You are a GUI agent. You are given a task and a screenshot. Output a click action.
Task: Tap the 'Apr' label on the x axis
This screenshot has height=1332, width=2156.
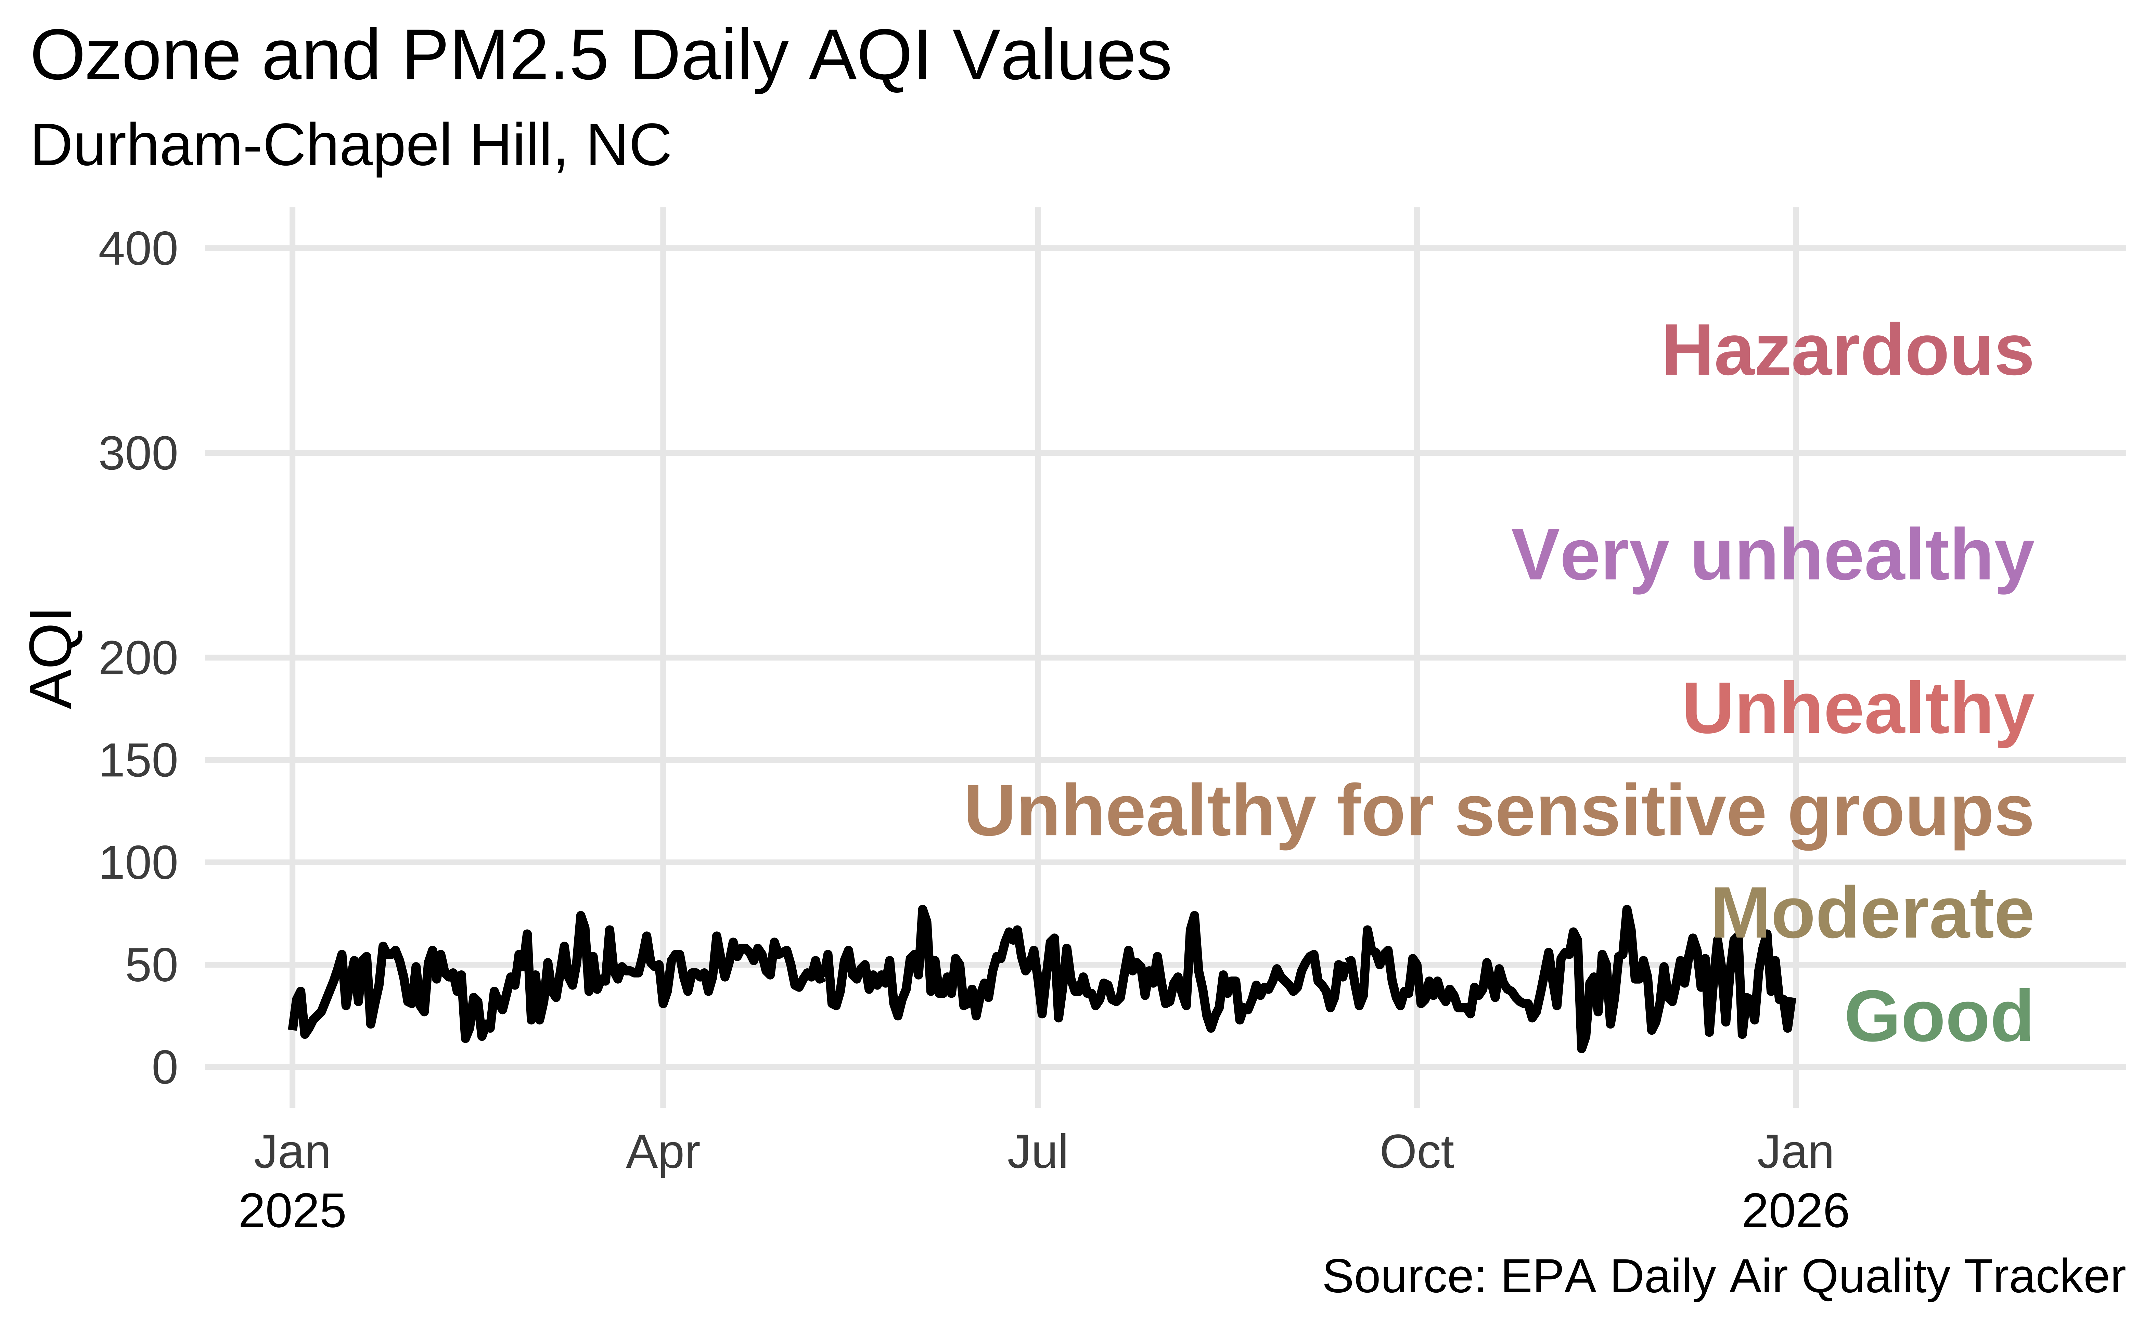point(663,1152)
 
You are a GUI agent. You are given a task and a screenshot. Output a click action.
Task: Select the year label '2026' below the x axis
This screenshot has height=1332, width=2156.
point(1795,1212)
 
